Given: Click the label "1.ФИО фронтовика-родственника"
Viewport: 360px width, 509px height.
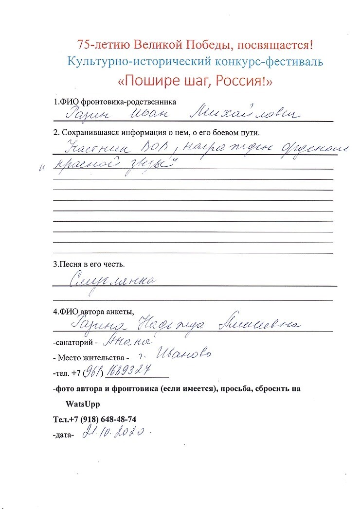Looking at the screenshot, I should coord(115,102).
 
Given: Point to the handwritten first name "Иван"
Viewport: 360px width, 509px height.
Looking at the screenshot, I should coord(162,114).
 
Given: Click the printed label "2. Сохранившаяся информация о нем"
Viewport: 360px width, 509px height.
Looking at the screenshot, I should coord(121,132).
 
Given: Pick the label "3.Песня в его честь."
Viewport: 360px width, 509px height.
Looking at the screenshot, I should coord(89,265).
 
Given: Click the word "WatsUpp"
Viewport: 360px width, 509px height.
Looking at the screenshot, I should coord(81,404).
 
